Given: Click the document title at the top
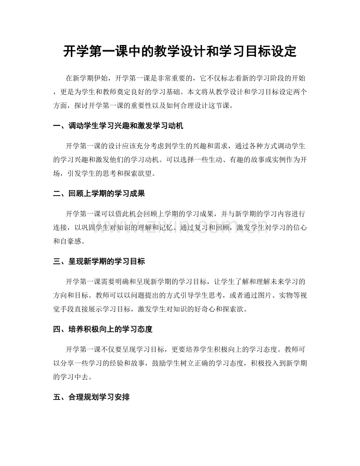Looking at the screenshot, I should click(x=180, y=51).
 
